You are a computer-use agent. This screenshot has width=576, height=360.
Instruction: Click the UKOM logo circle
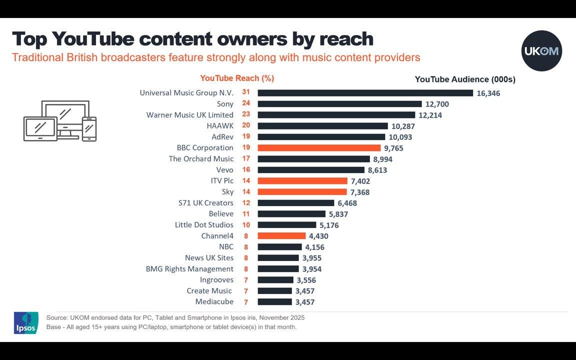tap(541, 50)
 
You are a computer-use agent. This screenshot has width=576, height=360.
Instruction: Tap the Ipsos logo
tap(25, 323)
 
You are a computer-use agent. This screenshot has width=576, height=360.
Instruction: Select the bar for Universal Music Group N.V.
tap(365, 93)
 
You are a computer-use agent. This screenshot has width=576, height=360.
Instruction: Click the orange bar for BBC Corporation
tap(319, 148)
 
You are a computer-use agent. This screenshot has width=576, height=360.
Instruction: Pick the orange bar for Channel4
tap(281, 236)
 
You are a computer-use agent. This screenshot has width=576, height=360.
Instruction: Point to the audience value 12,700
tap(437, 104)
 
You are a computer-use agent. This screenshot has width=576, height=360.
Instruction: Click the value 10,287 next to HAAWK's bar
tap(403, 126)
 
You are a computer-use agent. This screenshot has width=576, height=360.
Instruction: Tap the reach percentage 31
tap(246, 92)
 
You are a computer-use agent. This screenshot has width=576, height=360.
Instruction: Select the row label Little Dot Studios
tap(204, 225)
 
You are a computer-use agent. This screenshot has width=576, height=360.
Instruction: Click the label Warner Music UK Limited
tap(189, 115)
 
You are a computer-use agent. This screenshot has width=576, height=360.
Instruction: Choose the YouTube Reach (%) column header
tap(237, 78)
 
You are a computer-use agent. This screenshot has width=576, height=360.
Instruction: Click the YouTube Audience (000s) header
tap(465, 79)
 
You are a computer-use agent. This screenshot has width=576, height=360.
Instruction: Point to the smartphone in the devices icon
tap(89, 129)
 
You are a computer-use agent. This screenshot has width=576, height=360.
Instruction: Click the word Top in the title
tap(29, 39)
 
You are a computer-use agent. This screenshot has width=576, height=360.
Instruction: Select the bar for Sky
tap(302, 192)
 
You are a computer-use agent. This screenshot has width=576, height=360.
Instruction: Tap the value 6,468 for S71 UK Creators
tap(347, 203)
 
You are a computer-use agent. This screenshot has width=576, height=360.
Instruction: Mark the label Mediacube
tap(214, 301)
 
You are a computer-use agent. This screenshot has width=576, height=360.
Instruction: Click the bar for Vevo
tap(311, 170)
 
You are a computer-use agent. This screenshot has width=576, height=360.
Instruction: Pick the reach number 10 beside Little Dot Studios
tap(246, 224)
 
